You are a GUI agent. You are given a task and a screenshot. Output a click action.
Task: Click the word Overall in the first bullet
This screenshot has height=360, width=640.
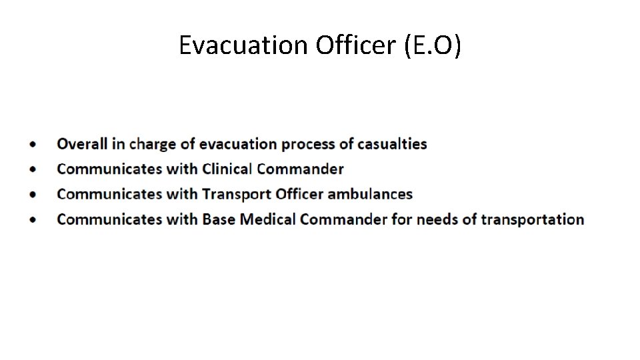[x=82, y=144]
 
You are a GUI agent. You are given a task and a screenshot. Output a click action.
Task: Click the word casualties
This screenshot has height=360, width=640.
[x=392, y=144]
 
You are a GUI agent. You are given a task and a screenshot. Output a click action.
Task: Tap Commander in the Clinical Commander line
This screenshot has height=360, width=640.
[x=300, y=169]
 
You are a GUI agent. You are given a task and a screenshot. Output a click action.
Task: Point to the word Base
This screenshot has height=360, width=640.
[x=219, y=219]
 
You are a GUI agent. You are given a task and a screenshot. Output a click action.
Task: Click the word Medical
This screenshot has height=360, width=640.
[x=268, y=219]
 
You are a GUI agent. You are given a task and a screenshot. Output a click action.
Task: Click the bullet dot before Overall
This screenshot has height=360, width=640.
[x=33, y=145]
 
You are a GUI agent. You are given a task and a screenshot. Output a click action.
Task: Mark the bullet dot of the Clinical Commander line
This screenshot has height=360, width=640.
[x=33, y=169]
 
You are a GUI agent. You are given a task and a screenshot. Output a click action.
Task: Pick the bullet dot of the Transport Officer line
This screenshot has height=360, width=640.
[x=33, y=195]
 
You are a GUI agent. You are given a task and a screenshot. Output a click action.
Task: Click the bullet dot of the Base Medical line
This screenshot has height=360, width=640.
[x=33, y=220]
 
